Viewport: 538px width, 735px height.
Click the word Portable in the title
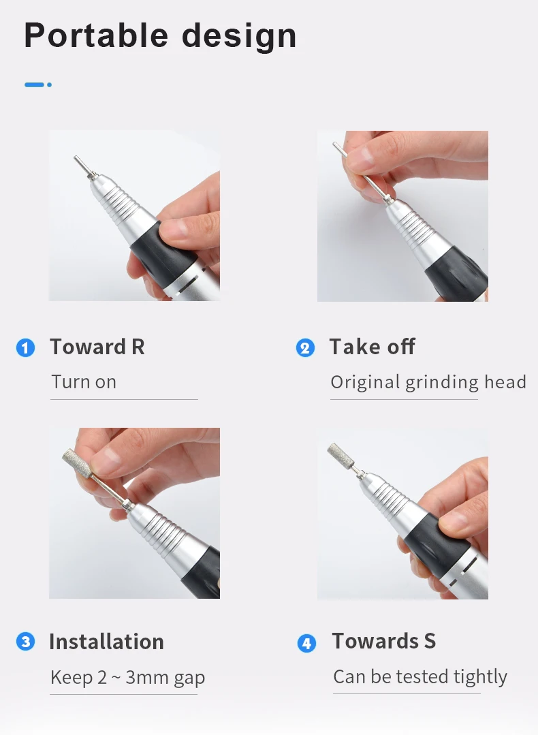(96, 35)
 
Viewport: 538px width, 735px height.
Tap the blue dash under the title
(38, 85)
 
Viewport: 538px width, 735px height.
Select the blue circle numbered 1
(25, 348)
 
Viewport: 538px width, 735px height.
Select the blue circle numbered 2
(305, 348)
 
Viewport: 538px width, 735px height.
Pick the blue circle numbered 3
(25, 641)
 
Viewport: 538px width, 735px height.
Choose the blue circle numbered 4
(306, 643)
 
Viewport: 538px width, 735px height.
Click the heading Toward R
(97, 347)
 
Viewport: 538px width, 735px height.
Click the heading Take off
(372, 347)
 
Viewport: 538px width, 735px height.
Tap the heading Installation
(106, 642)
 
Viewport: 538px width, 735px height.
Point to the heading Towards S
(384, 641)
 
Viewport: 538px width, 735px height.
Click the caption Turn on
(84, 382)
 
